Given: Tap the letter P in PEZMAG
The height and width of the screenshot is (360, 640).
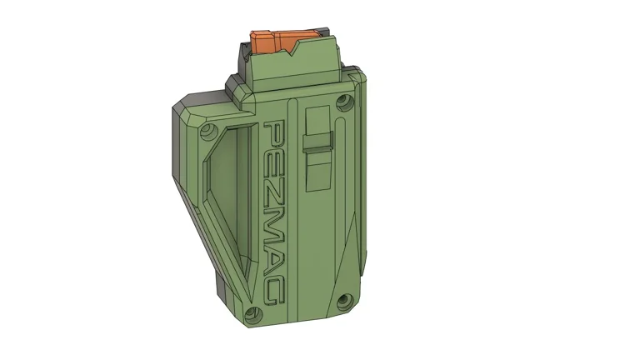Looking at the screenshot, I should coord(275,132).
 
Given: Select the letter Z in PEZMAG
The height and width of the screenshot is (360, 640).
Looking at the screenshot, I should coord(275,182).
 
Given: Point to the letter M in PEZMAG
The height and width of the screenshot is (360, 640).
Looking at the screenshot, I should coord(275,213).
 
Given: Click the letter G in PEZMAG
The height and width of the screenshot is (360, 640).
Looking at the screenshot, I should coord(275,286).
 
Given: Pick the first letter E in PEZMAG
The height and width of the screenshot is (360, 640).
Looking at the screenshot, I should coord(275,157).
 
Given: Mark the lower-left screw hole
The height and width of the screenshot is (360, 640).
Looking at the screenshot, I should coord(256,315).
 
